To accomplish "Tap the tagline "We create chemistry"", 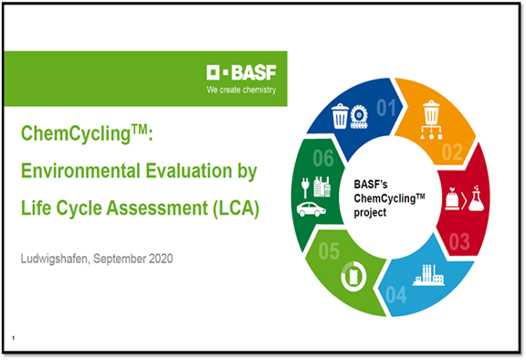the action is coord(241,90).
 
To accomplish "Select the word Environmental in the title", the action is coord(80,171).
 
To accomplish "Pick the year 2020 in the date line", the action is coord(160,258).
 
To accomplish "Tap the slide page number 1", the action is coord(14,338).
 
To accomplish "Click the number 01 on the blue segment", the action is coord(387,108).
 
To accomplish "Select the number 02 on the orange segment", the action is coord(452,152).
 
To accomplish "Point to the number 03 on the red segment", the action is coord(459,242).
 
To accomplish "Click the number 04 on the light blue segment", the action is coord(396,295).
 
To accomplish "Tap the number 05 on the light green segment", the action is coord(329,251).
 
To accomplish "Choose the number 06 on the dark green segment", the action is coord(323,158).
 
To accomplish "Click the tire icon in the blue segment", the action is coord(359,117).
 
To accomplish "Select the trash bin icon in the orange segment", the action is coord(431,113).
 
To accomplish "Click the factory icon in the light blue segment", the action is coord(429,275).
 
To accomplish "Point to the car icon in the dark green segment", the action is coord(311,209).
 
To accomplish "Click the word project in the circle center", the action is coord(370,213).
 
